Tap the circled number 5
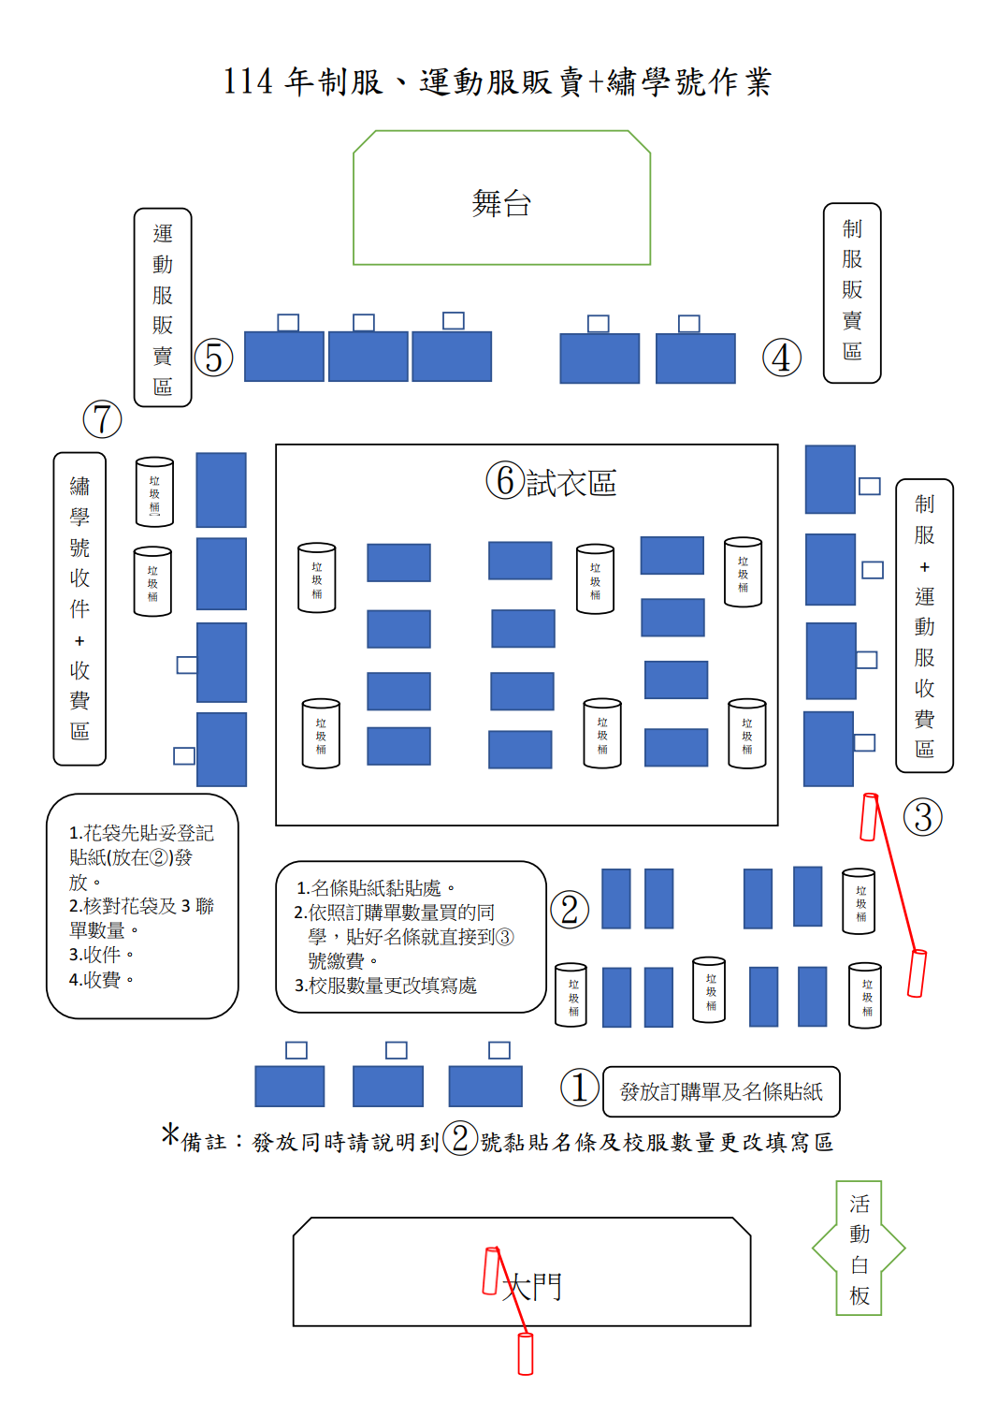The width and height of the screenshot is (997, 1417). [x=214, y=358]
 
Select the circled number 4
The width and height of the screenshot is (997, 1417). [x=781, y=358]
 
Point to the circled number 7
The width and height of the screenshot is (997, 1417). [x=103, y=419]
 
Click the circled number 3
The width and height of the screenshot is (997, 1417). [x=922, y=817]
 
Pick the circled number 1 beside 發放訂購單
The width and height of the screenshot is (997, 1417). [x=579, y=1088]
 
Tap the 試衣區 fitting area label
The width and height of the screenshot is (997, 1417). [x=571, y=483]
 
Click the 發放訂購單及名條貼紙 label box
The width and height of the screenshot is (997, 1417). [x=721, y=1091]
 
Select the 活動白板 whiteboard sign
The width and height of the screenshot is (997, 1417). [x=860, y=1249]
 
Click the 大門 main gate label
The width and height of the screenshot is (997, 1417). [x=532, y=1286]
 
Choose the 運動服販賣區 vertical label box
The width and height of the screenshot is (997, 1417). [x=163, y=308]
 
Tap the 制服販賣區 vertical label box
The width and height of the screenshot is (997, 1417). [x=852, y=292]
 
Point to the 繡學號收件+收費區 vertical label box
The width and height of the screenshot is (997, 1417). [x=79, y=608]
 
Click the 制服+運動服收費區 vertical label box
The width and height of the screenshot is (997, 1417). [x=924, y=625]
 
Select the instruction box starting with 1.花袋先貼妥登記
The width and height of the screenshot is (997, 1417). [x=142, y=905]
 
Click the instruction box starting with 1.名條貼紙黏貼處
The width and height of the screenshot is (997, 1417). [x=411, y=936]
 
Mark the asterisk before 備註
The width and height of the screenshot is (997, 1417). [x=169, y=1134]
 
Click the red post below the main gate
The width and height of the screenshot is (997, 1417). [x=526, y=1353]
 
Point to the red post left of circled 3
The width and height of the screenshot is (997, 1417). [x=869, y=817]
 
